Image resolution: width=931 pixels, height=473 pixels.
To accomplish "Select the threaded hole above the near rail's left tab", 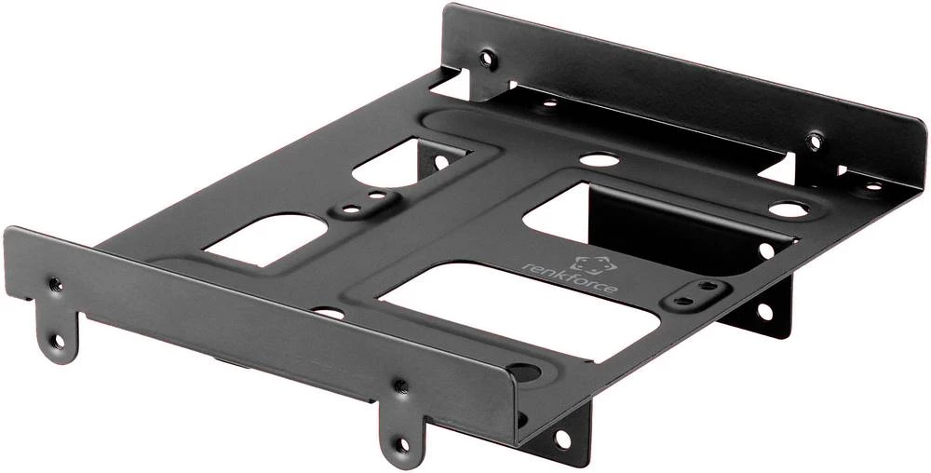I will [x=55, y=283].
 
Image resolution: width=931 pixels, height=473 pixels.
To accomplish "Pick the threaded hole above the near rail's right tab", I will [x=400, y=385].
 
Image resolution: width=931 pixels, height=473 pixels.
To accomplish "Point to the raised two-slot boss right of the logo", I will [x=695, y=294].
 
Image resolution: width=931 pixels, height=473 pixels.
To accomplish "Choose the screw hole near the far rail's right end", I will [x=815, y=142].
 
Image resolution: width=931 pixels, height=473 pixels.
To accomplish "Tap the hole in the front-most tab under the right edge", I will [x=562, y=437].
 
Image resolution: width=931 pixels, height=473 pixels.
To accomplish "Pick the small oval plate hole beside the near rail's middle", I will [x=325, y=313].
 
